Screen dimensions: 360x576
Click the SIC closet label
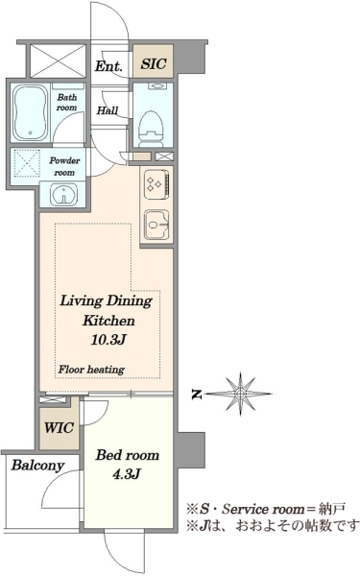[154, 63]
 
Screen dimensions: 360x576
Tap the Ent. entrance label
[108, 66]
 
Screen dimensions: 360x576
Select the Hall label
[108, 110]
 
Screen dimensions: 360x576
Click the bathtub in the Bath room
[31, 113]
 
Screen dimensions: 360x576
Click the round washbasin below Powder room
[64, 194]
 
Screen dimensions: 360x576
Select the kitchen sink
[156, 225]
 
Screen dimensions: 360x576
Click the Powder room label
[64, 166]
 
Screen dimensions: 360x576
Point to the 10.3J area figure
[108, 340]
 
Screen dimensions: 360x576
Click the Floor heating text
[91, 370]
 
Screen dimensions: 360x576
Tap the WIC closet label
[59, 427]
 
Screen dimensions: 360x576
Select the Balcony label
[37, 466]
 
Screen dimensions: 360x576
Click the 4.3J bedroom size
[127, 474]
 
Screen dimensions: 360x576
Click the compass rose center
[240, 394]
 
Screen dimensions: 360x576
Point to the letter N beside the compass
[197, 395]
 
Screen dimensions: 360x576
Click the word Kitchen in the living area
[108, 321]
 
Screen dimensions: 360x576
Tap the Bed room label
[128, 455]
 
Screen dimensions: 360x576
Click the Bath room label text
[67, 103]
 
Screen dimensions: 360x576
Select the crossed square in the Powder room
[27, 163]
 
